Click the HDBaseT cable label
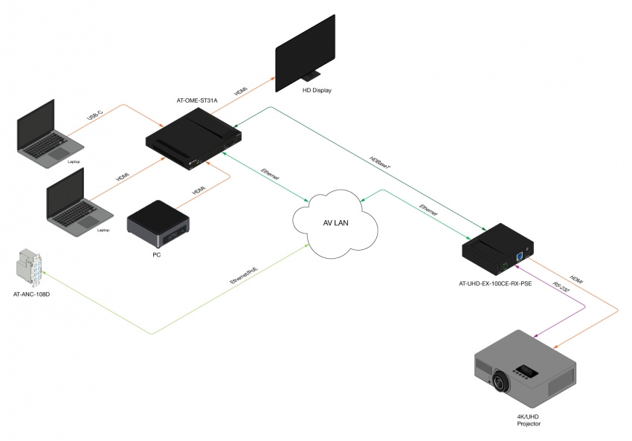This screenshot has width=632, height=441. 380,167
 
